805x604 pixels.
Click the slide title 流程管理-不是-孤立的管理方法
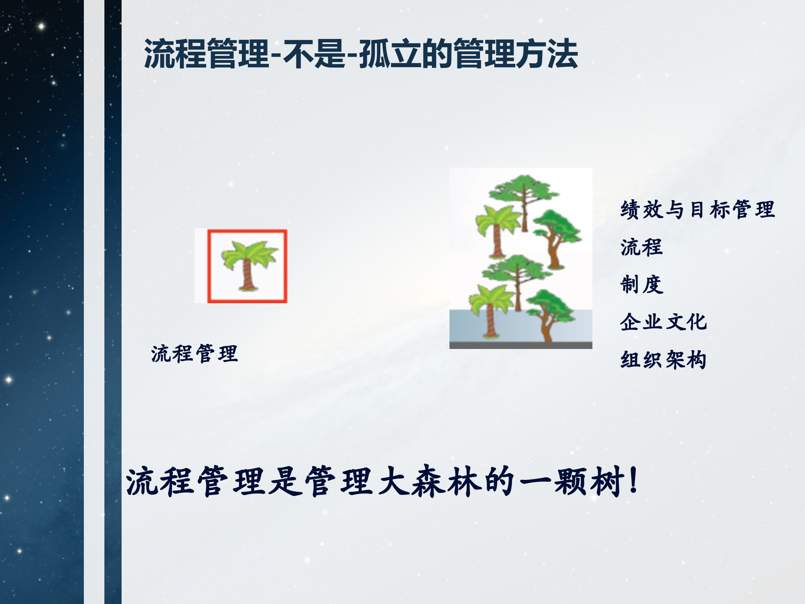(x=361, y=54)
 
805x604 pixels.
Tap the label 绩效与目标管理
(x=697, y=209)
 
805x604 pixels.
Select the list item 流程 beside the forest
(x=641, y=247)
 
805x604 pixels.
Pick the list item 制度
(x=641, y=285)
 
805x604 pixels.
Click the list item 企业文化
(x=663, y=322)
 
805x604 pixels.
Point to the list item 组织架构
(x=663, y=360)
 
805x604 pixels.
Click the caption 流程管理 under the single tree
(x=195, y=354)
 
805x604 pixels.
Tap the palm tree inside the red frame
(x=248, y=262)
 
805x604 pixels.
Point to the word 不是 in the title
(x=314, y=54)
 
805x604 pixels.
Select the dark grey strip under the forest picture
(x=521, y=345)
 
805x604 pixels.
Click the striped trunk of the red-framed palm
(x=247, y=275)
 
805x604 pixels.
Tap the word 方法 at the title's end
(x=547, y=54)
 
